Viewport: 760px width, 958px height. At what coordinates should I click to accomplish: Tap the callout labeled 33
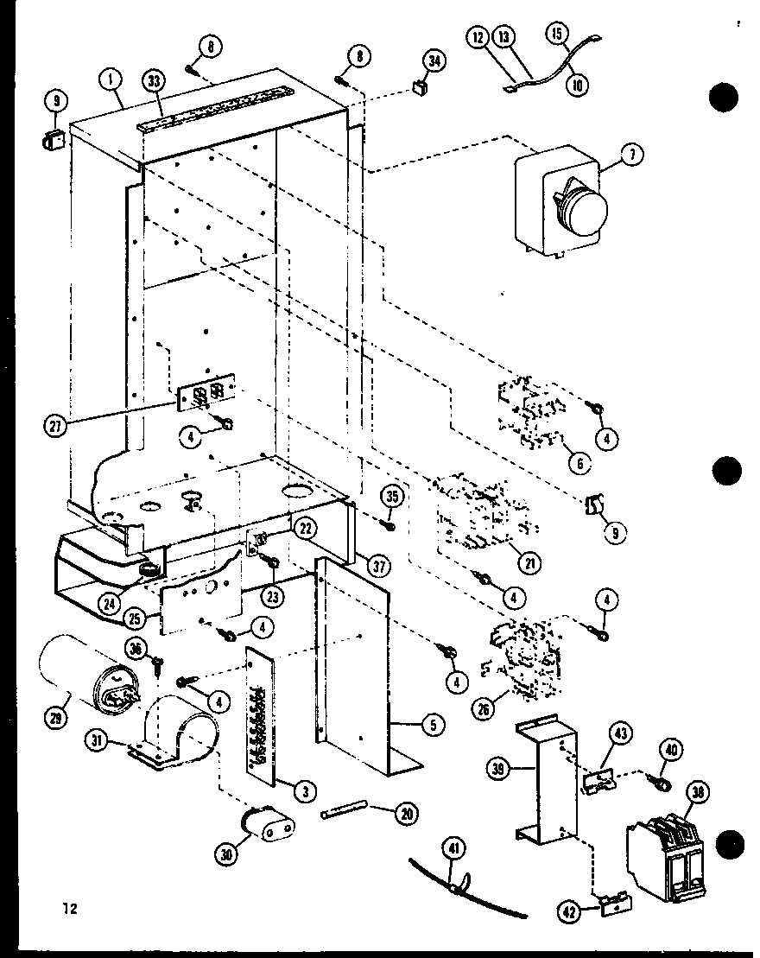click(154, 81)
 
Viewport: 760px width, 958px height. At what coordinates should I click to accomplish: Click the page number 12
click(69, 908)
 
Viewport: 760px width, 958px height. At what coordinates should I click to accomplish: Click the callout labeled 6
click(579, 463)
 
